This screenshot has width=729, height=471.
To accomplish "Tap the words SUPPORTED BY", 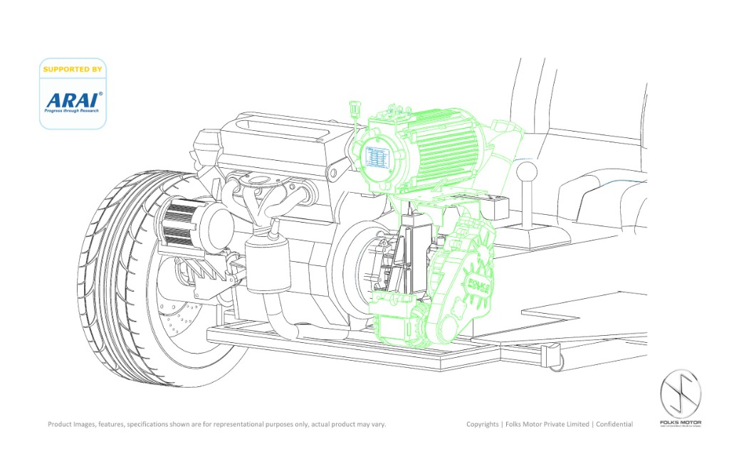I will tap(73, 69).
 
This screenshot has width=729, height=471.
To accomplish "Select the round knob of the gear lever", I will tap(528, 171).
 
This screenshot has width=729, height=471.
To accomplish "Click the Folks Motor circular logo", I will tap(681, 394).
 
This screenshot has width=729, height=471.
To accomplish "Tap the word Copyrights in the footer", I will tap(483, 425).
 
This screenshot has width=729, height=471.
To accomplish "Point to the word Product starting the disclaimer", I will tap(61, 425).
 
